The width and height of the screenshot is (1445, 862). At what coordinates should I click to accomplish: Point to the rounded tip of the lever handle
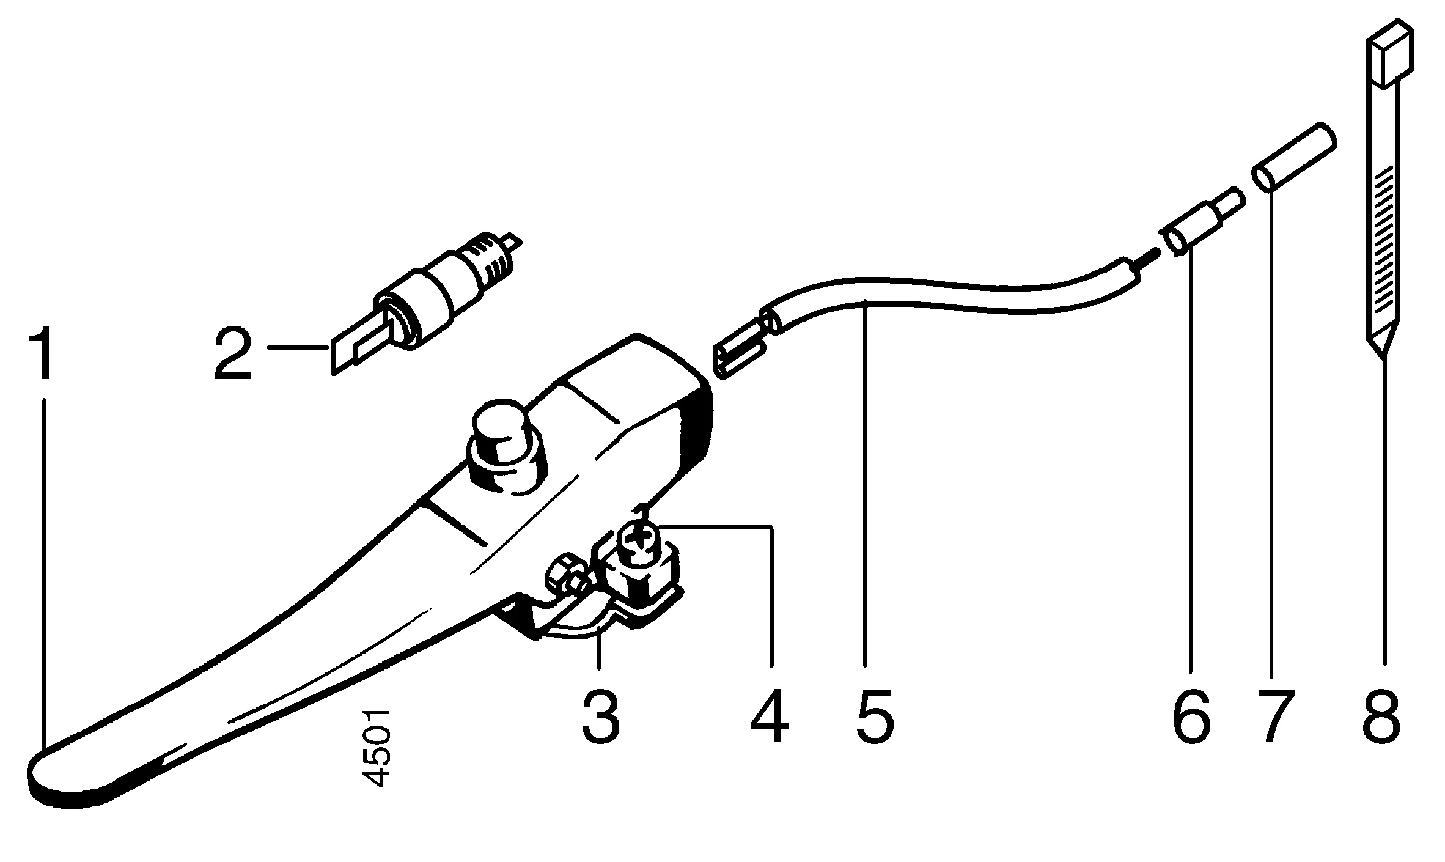pyautogui.click(x=55, y=779)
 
